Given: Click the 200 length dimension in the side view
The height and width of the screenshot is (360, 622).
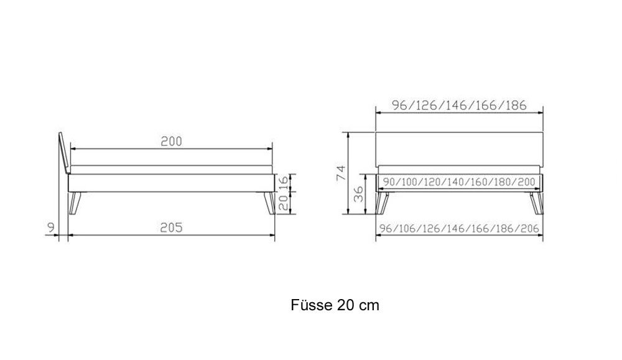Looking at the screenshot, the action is coord(172,142).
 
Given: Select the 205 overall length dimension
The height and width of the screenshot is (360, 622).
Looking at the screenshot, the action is coord(172,228).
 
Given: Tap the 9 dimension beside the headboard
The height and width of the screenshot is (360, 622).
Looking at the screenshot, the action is coord(51,228).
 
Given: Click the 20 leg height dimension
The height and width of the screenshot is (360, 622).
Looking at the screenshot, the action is coord(283,203).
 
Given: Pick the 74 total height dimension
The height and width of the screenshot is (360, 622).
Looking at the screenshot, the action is coord(341,173).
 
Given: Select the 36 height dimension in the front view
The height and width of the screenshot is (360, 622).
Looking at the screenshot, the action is coord(359,194).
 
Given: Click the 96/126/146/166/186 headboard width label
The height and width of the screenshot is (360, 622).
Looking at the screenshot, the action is coord(460,106).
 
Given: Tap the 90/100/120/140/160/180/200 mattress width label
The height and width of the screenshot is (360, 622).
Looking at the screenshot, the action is coord(459,182).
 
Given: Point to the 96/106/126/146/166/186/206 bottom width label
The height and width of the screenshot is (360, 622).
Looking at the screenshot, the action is coord(460,229).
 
